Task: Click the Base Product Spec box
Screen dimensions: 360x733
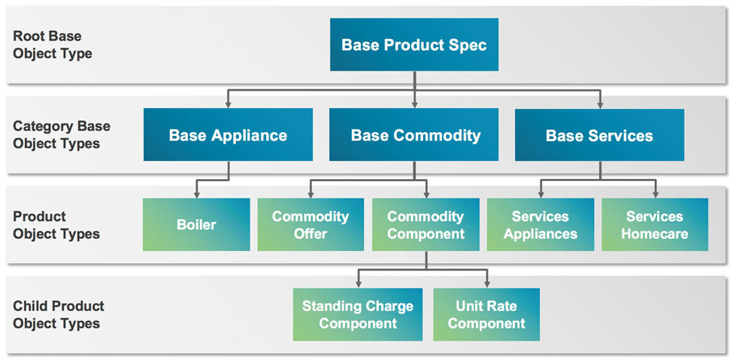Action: click(413, 45)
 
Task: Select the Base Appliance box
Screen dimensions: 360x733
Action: click(228, 135)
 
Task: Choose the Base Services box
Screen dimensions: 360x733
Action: click(599, 135)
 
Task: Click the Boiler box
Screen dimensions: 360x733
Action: click(196, 225)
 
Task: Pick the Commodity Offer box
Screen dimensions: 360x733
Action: click(310, 225)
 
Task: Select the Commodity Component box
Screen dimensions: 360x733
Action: click(426, 225)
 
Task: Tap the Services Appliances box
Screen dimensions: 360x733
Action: click(541, 225)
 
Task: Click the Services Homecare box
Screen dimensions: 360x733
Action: click(655, 225)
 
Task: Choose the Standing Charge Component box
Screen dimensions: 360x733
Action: click(357, 315)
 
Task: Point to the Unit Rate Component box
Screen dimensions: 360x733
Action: click(486, 315)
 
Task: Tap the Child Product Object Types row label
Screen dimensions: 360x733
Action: click(59, 315)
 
